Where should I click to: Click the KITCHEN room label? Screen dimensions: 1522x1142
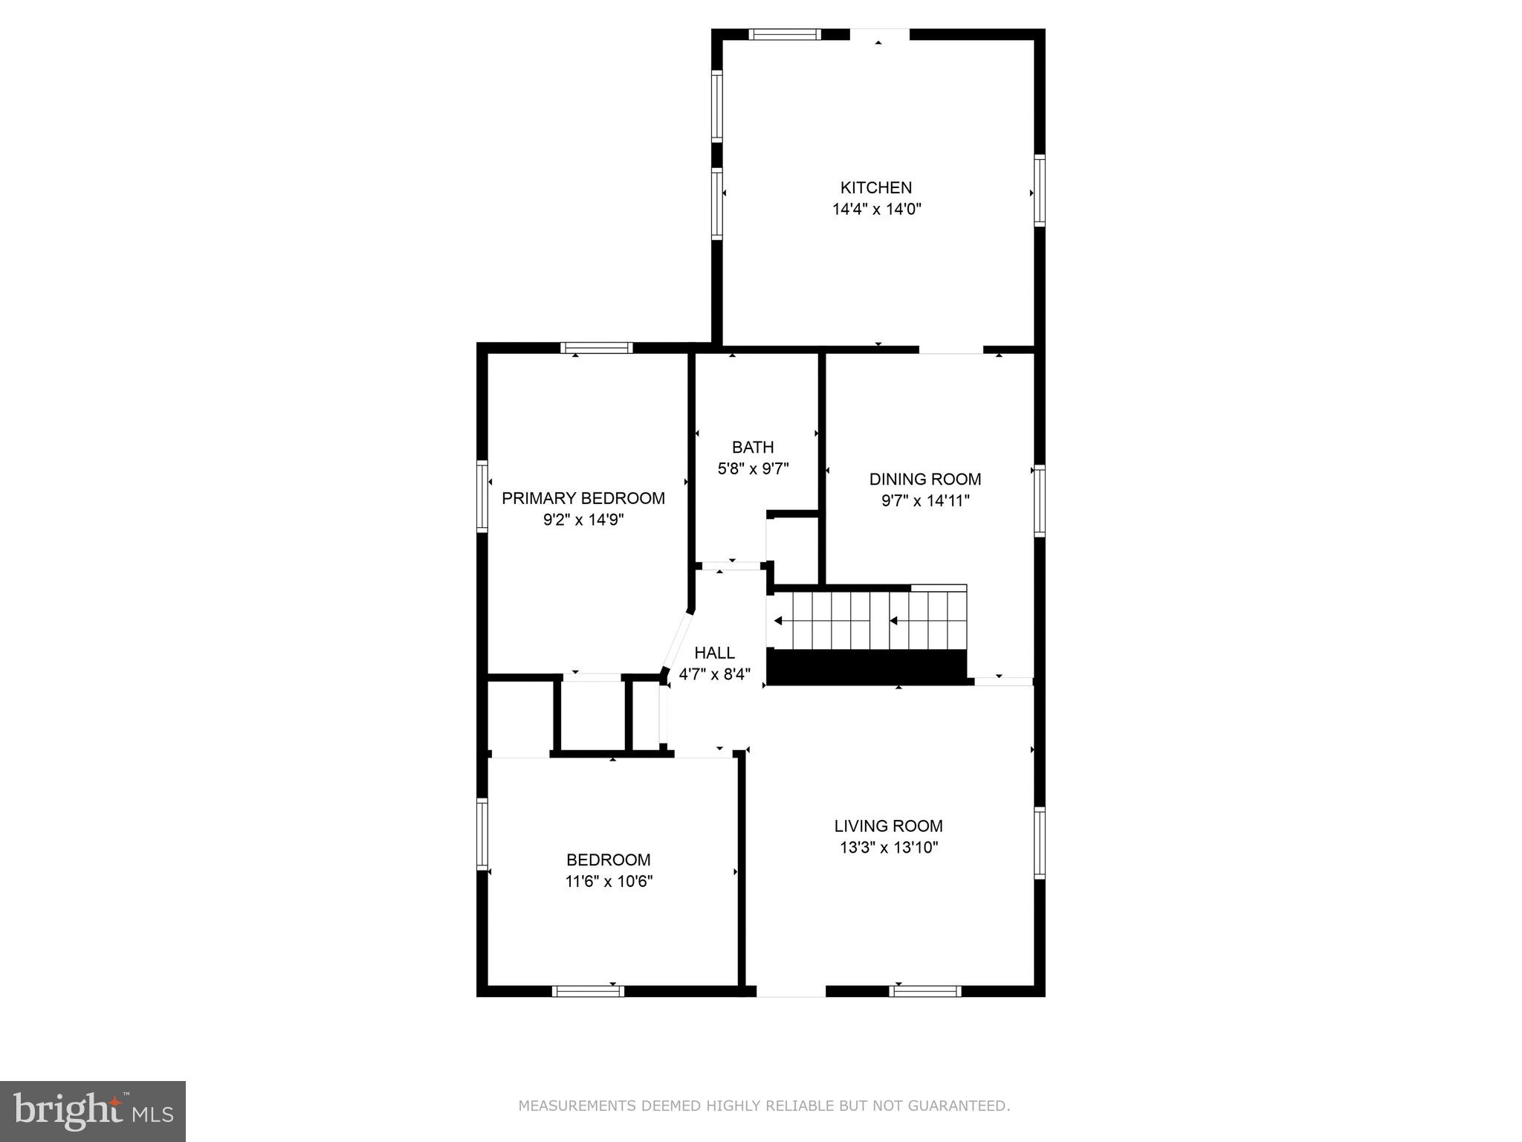pos(876,187)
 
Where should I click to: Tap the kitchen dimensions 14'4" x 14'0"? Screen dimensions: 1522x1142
pos(877,210)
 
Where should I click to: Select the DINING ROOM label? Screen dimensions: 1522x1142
pos(925,479)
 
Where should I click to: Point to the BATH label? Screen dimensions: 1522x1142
pos(753,447)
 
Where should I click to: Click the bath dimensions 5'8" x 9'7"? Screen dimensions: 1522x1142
pos(753,468)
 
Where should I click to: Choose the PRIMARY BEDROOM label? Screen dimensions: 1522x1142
pos(583,498)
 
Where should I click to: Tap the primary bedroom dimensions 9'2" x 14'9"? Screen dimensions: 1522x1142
pos(583,520)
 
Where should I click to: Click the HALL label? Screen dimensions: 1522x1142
pos(715,653)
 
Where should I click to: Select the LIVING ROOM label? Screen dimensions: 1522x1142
pos(888,825)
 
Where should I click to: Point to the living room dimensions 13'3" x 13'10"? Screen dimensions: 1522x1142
pos(889,848)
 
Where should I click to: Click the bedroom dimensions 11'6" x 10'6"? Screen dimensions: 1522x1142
pos(609,882)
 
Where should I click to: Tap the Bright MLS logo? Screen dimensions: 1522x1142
pos(93,1112)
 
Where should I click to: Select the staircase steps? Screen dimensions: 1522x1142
pos(867,620)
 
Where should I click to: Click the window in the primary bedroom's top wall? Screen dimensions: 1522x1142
pos(597,347)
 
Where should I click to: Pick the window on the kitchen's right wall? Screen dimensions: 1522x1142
pos(1040,190)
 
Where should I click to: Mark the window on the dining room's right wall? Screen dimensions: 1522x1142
pos(1040,500)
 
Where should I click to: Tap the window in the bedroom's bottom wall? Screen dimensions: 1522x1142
pos(588,991)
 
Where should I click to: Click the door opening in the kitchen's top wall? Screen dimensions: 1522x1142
pos(880,34)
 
